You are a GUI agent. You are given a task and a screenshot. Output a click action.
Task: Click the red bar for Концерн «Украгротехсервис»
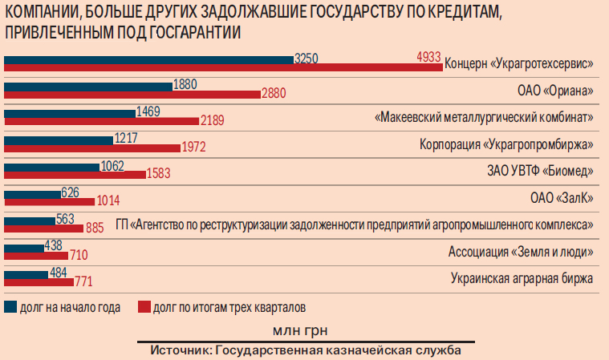tap(223, 67)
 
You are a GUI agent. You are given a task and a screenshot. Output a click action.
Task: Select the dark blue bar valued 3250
tap(149, 59)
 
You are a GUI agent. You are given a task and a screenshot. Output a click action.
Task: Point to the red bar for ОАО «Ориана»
tap(132, 94)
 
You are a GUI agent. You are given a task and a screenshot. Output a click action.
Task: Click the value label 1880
tap(185, 84)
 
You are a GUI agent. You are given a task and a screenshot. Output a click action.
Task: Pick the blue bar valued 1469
tap(70, 112)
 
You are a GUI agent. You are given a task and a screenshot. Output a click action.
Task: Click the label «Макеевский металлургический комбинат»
tap(485, 117)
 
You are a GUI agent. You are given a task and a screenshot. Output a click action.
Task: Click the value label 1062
tap(112, 166)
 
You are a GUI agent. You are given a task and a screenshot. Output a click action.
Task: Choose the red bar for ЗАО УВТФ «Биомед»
tap(75, 174)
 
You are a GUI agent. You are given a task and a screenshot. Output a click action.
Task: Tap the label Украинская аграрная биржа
tap(522, 279)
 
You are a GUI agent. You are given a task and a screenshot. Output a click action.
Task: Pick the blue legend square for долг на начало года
tap(10, 306)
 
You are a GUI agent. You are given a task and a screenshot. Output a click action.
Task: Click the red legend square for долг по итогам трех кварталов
tap(144, 306)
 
